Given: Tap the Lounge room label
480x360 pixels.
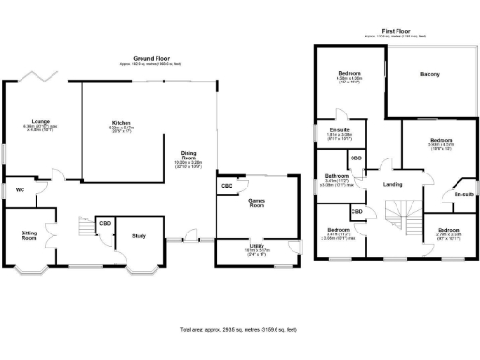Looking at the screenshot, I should coord(39,121).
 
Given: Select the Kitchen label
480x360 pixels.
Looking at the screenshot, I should coord(120,123).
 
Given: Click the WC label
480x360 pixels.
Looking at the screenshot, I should coord(20,190).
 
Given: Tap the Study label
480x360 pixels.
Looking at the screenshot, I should coord(139,236).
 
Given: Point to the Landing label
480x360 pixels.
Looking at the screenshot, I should coord(393,183).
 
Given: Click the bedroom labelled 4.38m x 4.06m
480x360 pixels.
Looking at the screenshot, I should coord(350,72).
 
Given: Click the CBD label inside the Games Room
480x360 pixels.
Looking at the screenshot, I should coord(227,186).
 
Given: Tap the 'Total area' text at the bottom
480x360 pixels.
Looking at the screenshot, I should coord(240,330).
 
